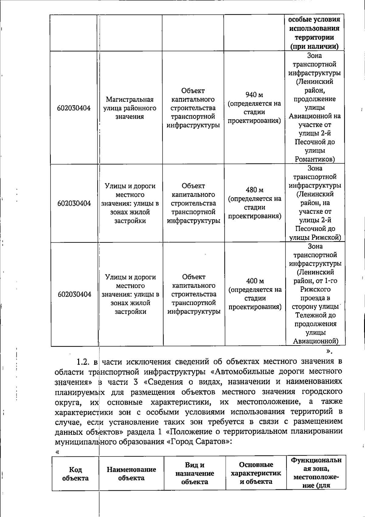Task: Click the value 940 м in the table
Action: (254, 95)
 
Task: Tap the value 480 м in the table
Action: (255, 190)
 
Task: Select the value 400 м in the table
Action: (255, 281)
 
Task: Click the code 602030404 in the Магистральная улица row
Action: (74, 108)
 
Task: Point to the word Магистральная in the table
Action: (130, 100)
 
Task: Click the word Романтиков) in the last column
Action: (315, 159)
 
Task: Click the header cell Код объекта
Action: (75, 474)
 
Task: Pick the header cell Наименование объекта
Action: (131, 474)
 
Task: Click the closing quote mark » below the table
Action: (329, 351)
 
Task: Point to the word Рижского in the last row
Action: (315, 289)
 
